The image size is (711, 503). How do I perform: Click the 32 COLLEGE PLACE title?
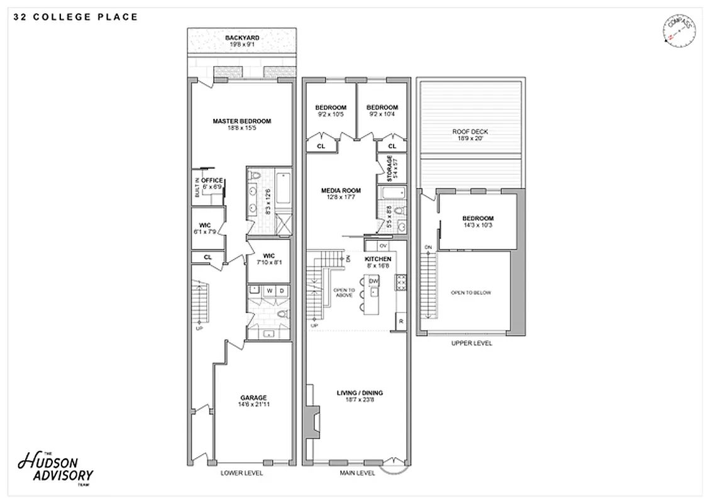pos(75,17)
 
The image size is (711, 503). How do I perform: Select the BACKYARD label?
pos(242,38)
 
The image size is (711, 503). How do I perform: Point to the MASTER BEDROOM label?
pos(241,121)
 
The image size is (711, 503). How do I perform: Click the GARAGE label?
pos(253,397)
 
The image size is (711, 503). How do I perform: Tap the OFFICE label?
pos(212,180)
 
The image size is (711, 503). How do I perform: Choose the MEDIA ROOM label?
pos(341,191)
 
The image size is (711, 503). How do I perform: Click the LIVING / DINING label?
pos(360,393)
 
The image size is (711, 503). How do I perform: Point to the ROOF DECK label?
pos(470,132)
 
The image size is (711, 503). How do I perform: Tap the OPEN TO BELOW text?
pos(470,293)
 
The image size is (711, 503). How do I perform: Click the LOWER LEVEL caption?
pos(242,473)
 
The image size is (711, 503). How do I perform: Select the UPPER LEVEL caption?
pos(471,343)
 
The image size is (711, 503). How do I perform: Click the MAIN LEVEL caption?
pos(357,473)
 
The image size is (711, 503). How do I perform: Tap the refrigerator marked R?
pos(400,322)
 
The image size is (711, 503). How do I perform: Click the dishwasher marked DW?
pos(373,280)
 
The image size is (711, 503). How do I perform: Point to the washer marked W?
pos(269,290)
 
